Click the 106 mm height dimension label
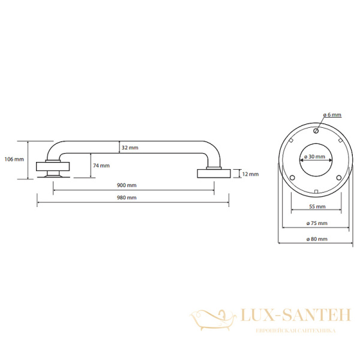point(14,159)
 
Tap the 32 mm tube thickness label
point(130,148)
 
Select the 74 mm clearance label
point(101,166)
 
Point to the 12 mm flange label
point(250,174)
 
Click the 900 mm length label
point(127,185)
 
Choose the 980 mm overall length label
point(127,197)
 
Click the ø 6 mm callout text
point(332,115)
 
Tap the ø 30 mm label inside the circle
point(314,157)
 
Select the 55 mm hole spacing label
point(317,206)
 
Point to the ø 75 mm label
point(317,223)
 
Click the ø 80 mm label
point(317,239)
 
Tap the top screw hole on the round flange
point(316,131)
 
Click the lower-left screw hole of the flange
point(292,178)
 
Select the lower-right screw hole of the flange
point(339,178)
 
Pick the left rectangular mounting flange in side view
point(53,166)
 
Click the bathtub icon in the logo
point(212,320)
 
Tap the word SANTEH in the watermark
point(317,315)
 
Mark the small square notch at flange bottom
point(316,191)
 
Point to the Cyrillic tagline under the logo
point(296,331)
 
